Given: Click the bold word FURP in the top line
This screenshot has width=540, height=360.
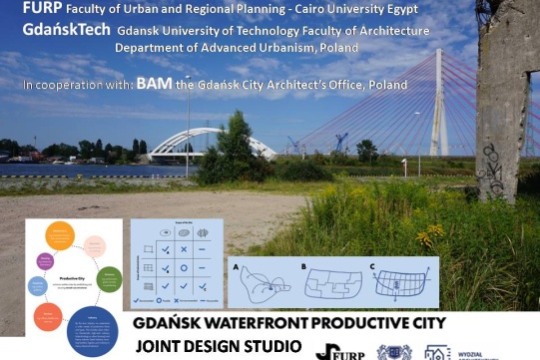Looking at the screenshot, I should (26, 9).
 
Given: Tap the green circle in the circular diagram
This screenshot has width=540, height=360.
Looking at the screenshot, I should (110, 279).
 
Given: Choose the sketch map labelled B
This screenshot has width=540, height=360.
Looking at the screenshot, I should (329, 285).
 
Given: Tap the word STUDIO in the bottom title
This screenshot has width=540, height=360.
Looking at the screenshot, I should (265, 347).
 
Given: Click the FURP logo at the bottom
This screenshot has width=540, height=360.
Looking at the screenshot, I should (339, 350).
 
